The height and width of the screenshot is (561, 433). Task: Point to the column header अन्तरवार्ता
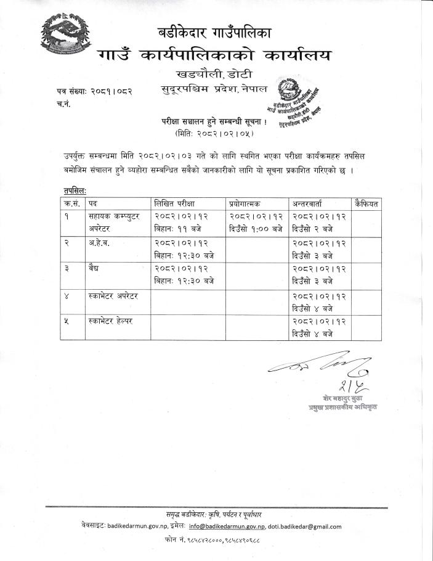(x=312, y=203)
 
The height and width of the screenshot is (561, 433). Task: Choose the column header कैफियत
(x=367, y=203)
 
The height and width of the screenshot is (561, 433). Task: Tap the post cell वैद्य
(x=95, y=269)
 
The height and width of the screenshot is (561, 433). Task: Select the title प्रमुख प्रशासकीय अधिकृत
(x=344, y=408)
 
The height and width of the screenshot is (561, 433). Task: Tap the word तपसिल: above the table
(x=74, y=192)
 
